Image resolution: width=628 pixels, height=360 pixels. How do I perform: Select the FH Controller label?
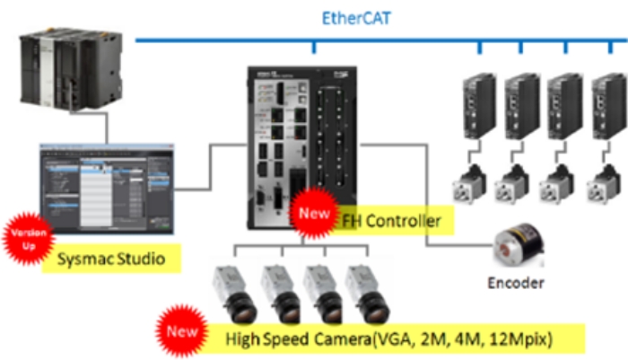tap(392, 219)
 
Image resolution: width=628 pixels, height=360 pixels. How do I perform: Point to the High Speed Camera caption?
tap(395, 338)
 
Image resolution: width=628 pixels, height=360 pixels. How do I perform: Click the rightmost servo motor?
tap(603, 183)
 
